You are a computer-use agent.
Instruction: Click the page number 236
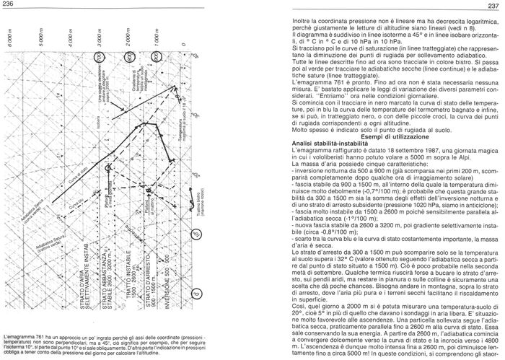[11, 6]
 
